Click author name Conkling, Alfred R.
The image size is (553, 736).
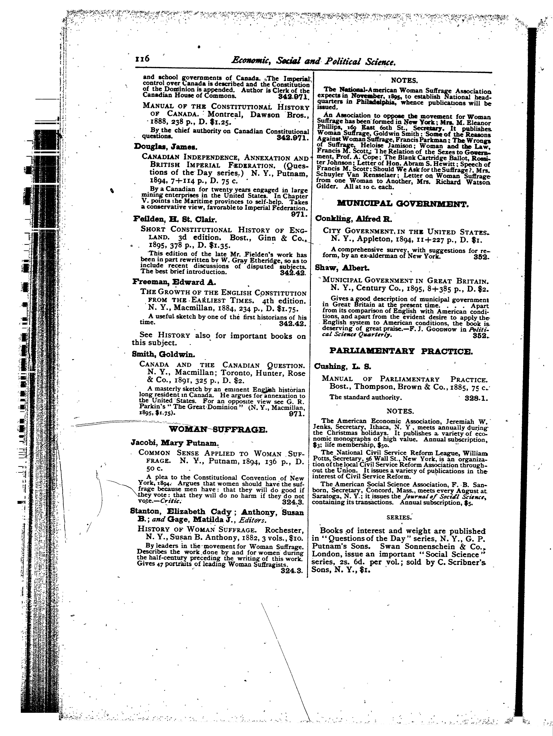tap(354, 219)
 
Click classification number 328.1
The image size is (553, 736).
tap(476, 398)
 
